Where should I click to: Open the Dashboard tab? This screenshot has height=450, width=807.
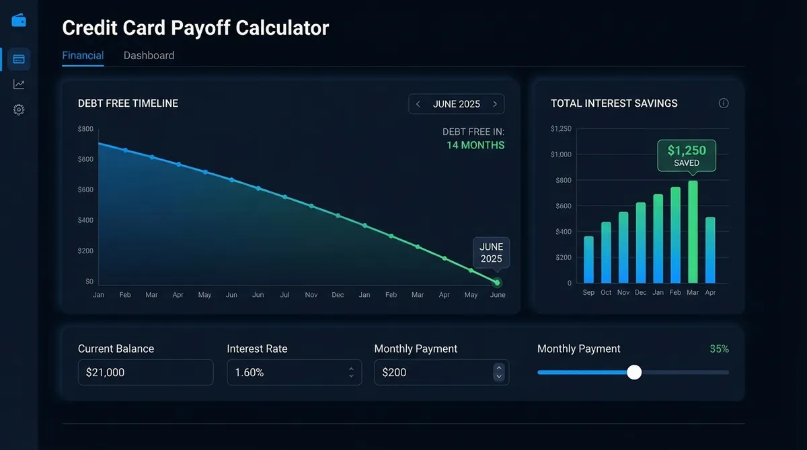(x=149, y=56)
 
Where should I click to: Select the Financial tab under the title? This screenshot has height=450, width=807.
(x=83, y=56)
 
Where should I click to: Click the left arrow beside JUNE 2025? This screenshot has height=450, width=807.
(x=418, y=104)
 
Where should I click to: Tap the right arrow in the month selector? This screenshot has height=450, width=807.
(x=495, y=104)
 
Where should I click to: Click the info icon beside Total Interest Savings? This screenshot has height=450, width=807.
(x=724, y=103)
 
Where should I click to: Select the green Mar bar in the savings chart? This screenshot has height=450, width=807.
(x=693, y=232)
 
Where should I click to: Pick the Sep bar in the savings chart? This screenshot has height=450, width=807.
(x=588, y=259)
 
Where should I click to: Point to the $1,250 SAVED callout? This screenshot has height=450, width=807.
(x=687, y=155)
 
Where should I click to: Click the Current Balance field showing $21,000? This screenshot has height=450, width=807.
(x=145, y=372)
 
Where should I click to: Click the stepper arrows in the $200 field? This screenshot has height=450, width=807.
(x=498, y=372)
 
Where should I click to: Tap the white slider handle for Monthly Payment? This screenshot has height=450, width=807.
(x=634, y=372)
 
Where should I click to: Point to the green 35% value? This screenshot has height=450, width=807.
(x=719, y=349)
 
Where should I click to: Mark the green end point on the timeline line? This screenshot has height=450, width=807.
(x=497, y=283)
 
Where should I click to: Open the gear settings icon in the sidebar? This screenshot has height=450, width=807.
(x=19, y=109)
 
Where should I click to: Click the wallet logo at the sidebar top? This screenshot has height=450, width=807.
(x=19, y=20)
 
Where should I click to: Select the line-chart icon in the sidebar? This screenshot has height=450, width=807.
(x=19, y=85)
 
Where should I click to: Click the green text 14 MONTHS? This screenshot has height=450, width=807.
(x=475, y=145)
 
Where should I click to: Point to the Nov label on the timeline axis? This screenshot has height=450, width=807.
(x=311, y=295)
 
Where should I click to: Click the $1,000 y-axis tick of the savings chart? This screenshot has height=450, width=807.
(x=561, y=154)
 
